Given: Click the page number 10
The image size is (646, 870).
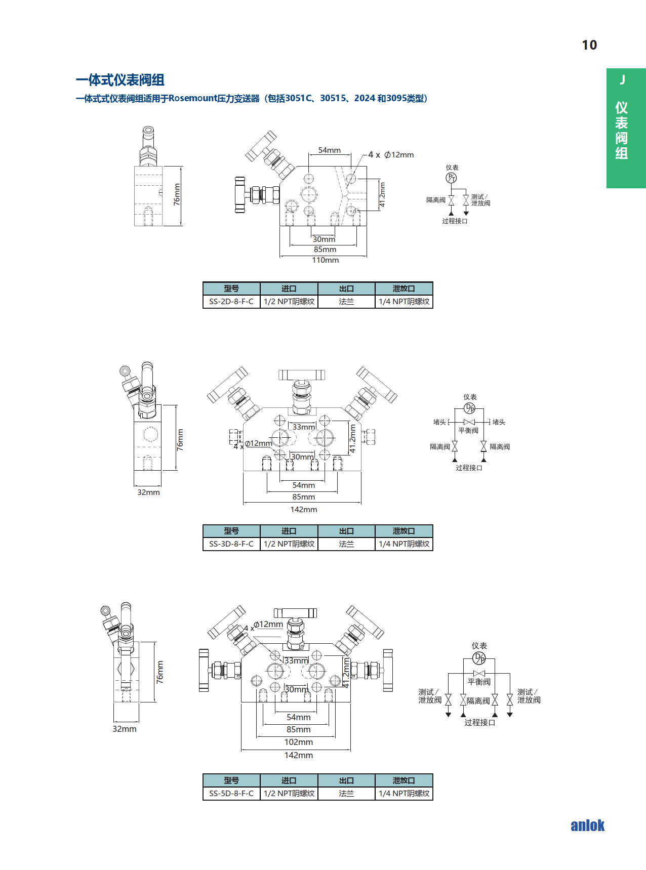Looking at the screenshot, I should tap(589, 45).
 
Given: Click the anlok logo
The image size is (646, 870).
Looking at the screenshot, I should tap(587, 825).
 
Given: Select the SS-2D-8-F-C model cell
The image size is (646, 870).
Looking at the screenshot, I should tap(231, 302).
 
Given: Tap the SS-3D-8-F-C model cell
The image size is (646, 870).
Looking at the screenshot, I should tap(231, 544).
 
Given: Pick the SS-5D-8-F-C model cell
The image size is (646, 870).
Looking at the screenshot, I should tap(231, 794).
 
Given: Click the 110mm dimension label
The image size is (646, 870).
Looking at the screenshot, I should tap(325, 260).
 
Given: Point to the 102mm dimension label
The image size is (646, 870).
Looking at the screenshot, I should tap(298, 742).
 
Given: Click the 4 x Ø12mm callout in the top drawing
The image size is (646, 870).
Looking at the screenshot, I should tap(391, 155).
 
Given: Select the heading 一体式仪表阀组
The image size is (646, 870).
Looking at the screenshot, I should tap(120, 80).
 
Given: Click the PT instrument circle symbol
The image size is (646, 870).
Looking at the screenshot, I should tap(451, 178).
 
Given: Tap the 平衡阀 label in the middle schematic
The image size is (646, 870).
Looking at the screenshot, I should tap(468, 431).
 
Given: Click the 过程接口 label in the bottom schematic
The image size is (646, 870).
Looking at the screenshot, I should tap(479, 723).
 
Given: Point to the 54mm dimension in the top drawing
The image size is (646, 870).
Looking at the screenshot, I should tap(330, 150).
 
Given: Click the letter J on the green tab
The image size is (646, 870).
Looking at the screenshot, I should tap(622, 80).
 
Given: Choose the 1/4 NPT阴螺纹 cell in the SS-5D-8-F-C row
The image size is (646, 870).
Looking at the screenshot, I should tap(404, 794).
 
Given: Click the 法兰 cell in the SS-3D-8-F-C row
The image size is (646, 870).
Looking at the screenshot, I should tap(346, 544).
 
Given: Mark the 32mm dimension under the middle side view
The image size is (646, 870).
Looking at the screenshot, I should tap(148, 492).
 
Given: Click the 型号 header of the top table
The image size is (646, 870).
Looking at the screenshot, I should tap(231, 288).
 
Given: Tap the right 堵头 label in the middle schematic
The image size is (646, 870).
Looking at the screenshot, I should tap(499, 422).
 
